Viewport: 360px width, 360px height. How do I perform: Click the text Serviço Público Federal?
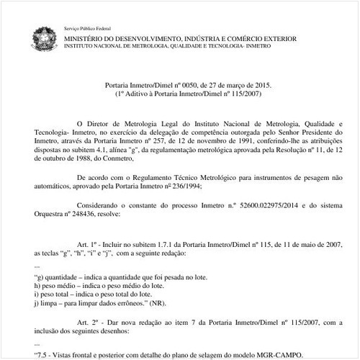click(x=85, y=25)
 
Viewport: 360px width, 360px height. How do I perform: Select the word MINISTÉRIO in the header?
click(x=86, y=36)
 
